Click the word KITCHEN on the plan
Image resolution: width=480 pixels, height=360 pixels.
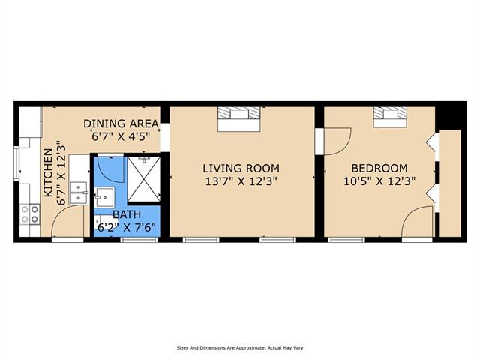[x=48, y=172]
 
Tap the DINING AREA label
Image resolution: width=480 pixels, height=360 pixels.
[x=121, y=124]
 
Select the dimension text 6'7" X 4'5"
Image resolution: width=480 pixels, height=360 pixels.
[x=121, y=136]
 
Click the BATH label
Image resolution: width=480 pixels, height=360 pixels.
[x=127, y=214]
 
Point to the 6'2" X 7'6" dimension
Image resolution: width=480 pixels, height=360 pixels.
[x=127, y=228]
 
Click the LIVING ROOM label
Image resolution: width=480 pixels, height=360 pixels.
[x=241, y=168]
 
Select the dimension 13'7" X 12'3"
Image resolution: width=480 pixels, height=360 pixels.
[x=241, y=181]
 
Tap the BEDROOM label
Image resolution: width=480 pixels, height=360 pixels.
[x=379, y=168]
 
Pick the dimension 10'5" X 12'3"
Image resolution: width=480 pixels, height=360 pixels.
[x=379, y=181]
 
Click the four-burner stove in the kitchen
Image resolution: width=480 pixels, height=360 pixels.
[x=30, y=214]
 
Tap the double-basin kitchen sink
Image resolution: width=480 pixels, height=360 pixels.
[x=79, y=193]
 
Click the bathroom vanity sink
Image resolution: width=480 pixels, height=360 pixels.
[x=104, y=197]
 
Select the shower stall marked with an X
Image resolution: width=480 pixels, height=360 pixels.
[x=143, y=179]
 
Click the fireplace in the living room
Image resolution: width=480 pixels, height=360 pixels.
[x=238, y=118]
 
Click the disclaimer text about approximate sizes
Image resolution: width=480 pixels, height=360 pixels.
[x=240, y=348]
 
